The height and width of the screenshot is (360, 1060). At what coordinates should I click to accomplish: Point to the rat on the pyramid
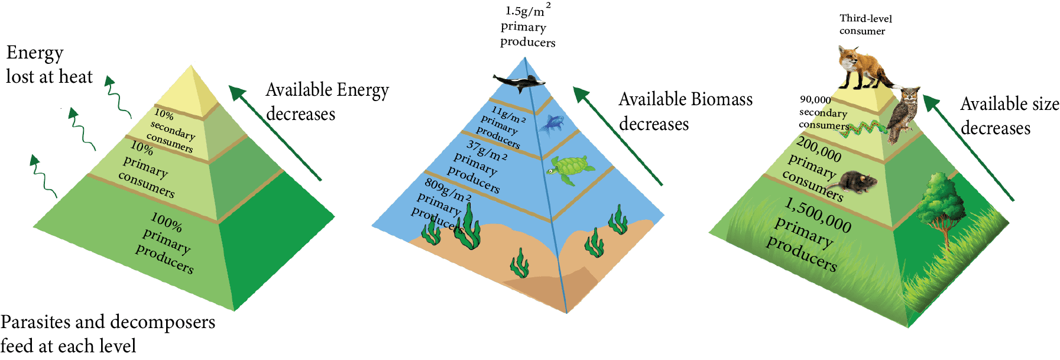pos(857,181)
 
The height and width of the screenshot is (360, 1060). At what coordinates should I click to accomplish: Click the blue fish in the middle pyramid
pos(553,123)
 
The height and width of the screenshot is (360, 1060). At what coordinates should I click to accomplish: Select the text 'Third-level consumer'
pos(864,25)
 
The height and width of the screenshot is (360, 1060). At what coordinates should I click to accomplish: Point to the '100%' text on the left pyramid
pos(167,223)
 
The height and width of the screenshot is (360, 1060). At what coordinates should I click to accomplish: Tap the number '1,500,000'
pos(818,215)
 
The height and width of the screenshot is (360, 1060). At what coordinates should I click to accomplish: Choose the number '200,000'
pos(819,149)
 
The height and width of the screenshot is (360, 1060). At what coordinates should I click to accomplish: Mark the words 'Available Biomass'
pos(685,99)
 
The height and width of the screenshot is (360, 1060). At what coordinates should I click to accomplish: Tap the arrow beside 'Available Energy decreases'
pos(275,133)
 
